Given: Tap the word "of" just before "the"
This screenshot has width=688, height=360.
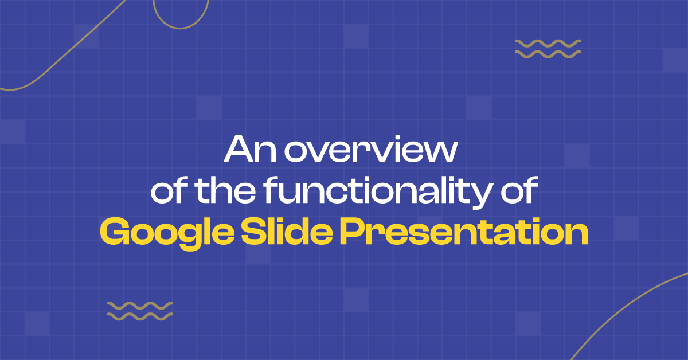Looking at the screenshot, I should coord(169,193).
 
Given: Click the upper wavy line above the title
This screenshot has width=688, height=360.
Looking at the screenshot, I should coord(548,43).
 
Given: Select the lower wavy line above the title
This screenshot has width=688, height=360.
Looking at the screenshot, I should coord(548,54).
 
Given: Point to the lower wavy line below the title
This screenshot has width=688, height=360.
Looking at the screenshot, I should coord(140,316).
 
